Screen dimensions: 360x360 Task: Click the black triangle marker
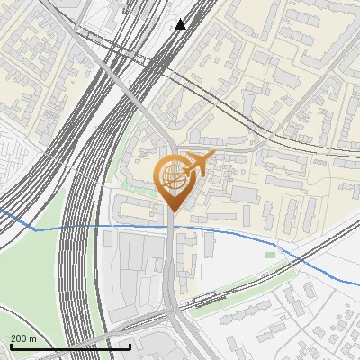coord(181,24)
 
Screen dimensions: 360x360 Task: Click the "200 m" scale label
coord(23,338)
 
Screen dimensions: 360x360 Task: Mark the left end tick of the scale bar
coord(10,346)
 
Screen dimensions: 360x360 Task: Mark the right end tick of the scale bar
coord(130,346)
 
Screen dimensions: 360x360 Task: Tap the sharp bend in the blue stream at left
coord(36,229)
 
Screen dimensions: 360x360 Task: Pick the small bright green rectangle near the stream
coord(270,255)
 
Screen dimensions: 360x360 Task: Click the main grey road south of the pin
coord(171,270)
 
